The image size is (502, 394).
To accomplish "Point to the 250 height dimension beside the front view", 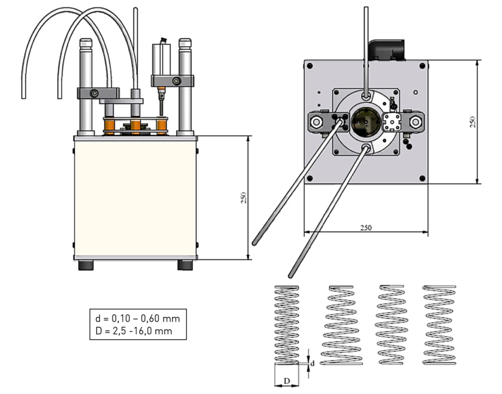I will [244, 198].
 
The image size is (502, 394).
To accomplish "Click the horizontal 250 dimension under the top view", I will [365, 228].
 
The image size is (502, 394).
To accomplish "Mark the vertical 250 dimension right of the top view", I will [472, 121].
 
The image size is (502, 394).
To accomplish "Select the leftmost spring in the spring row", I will [287, 324].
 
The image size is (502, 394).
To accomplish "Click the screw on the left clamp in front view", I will [95, 92].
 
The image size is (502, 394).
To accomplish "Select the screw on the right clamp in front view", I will [176, 82].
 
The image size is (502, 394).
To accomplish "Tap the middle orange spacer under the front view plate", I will [135, 126].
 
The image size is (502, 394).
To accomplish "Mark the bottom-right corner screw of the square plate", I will [422, 178].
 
